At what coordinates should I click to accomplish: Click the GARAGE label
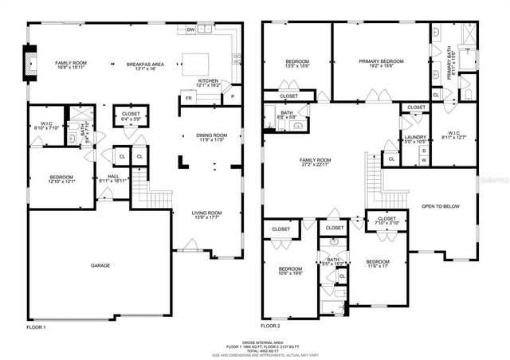(100, 265)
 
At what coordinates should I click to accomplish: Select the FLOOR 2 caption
(271, 327)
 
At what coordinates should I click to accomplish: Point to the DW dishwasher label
(190, 29)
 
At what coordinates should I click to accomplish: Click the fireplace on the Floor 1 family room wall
(31, 64)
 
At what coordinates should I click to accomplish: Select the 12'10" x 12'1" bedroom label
(62, 182)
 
